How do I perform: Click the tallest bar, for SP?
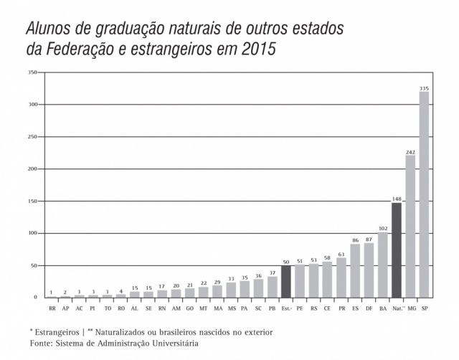[424, 194]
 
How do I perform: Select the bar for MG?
[410, 226]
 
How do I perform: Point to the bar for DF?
[369, 270]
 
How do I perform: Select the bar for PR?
[341, 278]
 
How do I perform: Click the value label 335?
[424, 87]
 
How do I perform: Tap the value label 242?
[410, 151]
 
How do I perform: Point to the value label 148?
[397, 199]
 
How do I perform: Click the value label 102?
[382, 228]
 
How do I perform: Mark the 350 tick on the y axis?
[33, 72]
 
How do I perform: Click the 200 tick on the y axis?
[33, 169]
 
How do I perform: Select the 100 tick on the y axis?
[33, 233]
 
